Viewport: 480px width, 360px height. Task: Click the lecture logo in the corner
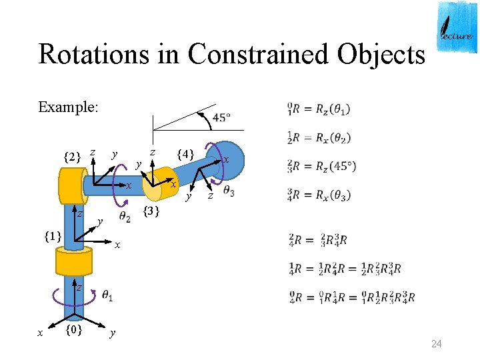click(x=457, y=27)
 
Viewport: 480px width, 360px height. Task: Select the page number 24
click(x=437, y=344)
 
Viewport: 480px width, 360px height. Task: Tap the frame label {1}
click(x=53, y=235)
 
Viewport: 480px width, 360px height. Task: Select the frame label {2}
click(x=72, y=158)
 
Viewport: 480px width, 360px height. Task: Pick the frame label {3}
click(x=152, y=212)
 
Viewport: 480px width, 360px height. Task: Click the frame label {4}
click(x=185, y=155)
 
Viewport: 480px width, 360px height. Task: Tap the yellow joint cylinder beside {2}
click(x=69, y=185)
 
